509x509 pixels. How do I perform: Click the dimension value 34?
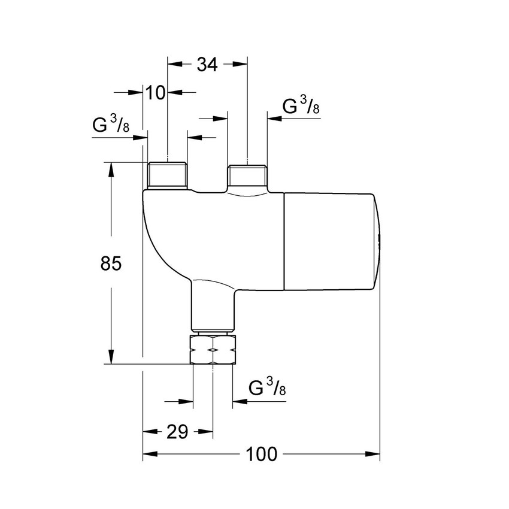pos(207,64)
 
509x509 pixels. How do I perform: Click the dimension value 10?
pos(155,93)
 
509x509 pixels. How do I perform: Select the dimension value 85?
pos(111,263)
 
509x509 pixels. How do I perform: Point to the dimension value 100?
pos(262,455)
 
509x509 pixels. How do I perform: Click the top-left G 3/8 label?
pos(111,125)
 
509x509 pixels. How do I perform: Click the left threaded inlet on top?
pos(166,175)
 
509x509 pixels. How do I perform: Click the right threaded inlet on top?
pos(247,175)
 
